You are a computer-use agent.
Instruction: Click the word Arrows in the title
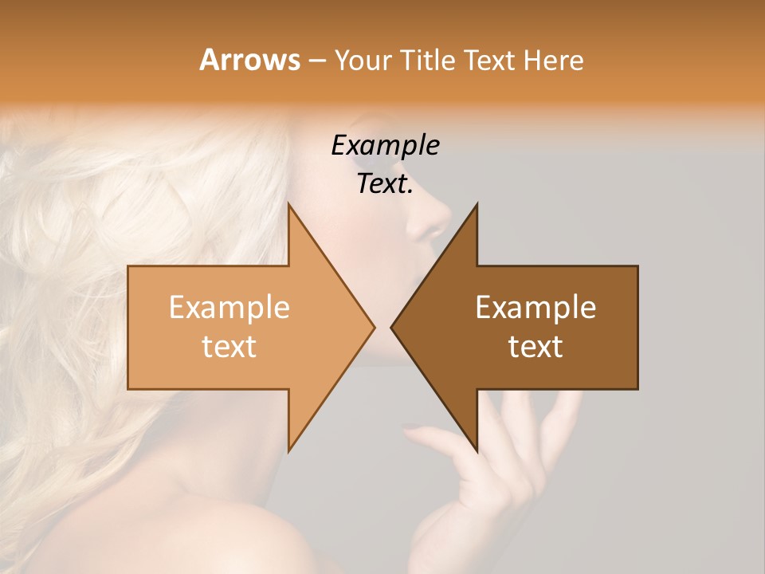click(x=249, y=60)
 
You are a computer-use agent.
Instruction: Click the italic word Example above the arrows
click(x=385, y=145)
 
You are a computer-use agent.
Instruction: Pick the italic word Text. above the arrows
click(x=385, y=184)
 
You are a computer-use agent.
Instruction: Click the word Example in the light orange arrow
click(x=229, y=308)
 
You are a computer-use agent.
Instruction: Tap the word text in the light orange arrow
click(x=229, y=347)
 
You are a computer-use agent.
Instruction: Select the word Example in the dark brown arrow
click(x=535, y=308)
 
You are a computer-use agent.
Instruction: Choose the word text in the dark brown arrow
click(x=535, y=347)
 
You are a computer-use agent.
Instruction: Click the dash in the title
click(x=316, y=61)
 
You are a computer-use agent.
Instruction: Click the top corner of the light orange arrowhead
click(x=288, y=204)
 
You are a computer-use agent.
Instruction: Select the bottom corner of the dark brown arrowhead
click(x=477, y=450)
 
